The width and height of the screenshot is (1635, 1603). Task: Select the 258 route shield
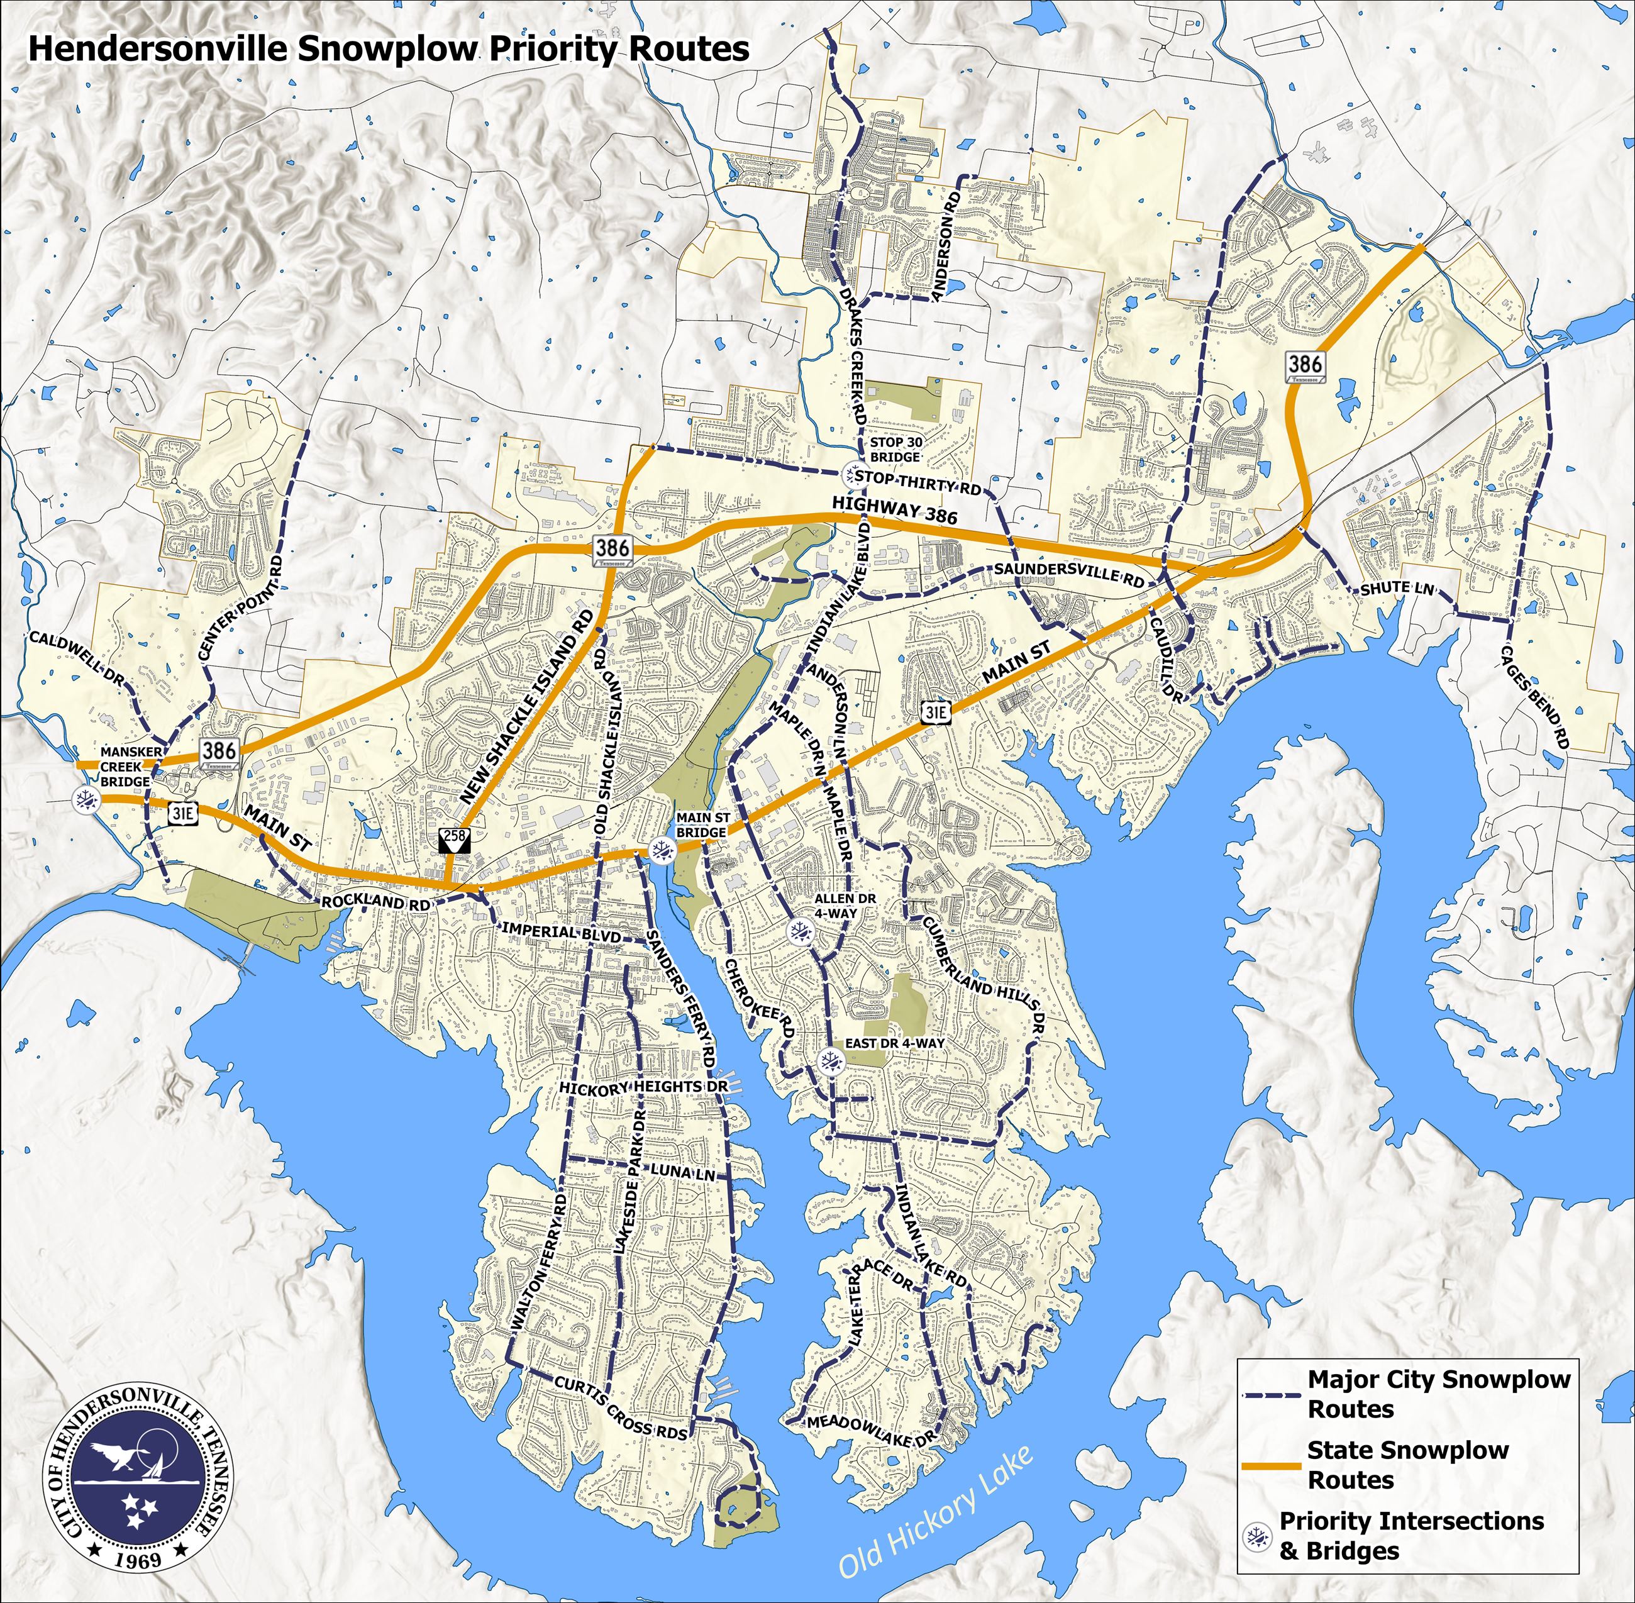pos(455,838)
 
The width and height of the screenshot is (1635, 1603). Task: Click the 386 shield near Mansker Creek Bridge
pos(219,752)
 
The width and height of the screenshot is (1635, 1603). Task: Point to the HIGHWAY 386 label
pos(894,509)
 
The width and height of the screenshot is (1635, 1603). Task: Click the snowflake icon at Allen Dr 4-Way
pos(801,931)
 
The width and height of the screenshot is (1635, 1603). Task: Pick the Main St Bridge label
pos(702,824)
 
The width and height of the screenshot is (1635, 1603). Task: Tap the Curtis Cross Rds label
pos(621,1407)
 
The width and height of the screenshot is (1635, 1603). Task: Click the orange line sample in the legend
pos(1272,1467)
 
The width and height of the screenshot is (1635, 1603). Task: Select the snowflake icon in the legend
pos(1256,1538)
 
